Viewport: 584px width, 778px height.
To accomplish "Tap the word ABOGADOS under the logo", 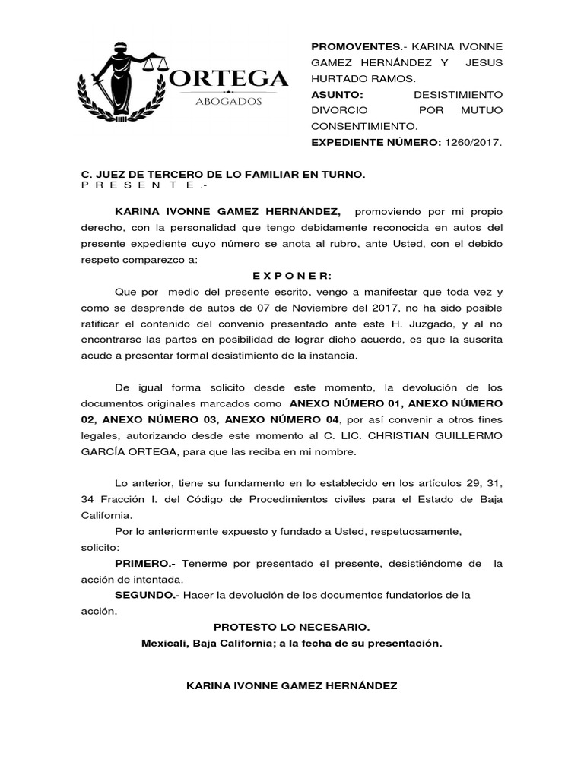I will click(229, 101).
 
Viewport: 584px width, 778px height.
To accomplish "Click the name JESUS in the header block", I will click(484, 62).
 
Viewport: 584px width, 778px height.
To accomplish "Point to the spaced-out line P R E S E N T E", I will click(144, 185).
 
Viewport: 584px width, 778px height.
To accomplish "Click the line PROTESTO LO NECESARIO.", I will click(292, 627).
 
